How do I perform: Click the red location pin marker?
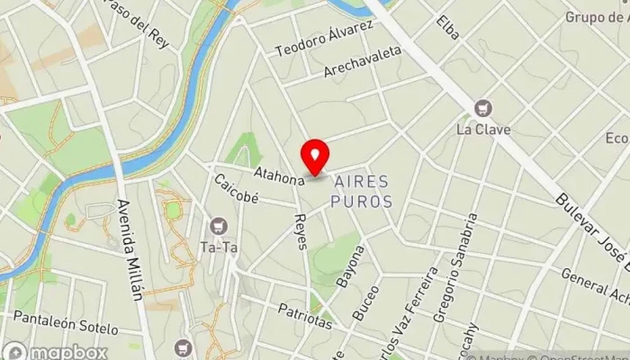[315, 157]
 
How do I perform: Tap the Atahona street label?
[279, 178]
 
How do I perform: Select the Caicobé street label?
[235, 188]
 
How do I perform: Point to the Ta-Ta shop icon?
[216, 225]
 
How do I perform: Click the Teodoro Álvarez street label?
[325, 38]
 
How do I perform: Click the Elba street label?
[445, 30]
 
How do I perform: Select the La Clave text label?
[483, 129]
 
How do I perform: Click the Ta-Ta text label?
[216, 245]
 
